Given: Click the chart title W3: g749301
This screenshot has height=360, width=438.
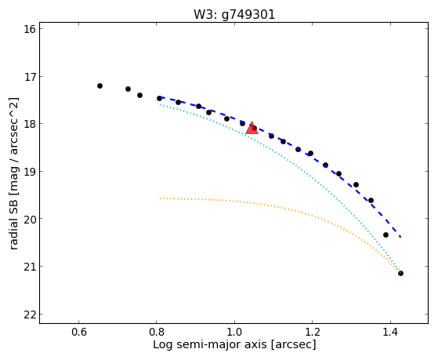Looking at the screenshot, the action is [234, 15].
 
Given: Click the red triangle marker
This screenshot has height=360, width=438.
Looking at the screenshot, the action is [252, 128].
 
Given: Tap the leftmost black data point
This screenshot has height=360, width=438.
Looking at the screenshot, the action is [100, 85].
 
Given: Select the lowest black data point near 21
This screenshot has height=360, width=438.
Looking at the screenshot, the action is [400, 273].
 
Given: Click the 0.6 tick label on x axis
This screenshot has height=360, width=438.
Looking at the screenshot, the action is [79, 332].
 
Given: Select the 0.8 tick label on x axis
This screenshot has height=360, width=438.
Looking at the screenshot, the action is [157, 332].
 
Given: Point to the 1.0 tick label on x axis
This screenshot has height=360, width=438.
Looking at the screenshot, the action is [234, 332].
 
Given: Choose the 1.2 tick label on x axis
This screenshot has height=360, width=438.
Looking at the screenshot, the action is [312, 332].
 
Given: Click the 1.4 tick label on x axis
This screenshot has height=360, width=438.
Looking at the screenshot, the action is [390, 332].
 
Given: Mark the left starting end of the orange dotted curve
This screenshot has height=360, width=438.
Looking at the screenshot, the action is [160, 198].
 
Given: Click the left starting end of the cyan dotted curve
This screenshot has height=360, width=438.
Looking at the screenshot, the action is [160, 104].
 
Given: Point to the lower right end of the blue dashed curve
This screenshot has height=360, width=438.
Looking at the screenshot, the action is [400, 237].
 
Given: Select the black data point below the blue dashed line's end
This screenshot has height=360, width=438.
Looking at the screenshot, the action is [386, 235].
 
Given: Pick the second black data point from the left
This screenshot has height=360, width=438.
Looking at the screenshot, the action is [128, 89].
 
